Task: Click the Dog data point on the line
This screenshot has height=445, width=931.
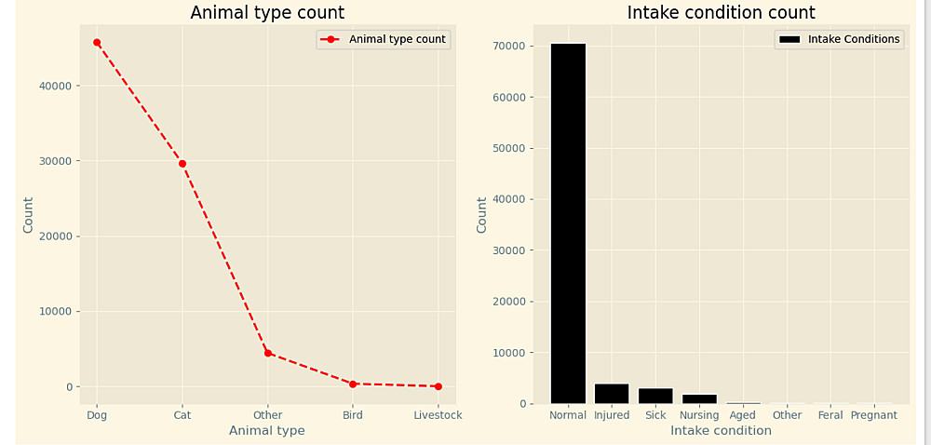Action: [x=97, y=43]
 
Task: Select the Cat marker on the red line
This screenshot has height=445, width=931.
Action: [x=182, y=164]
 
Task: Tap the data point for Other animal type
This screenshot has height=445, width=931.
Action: [x=268, y=353]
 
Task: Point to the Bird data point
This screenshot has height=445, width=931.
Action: [x=353, y=384]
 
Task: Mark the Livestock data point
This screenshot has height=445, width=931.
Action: [x=439, y=386]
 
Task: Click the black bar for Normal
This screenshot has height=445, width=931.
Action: [x=568, y=223]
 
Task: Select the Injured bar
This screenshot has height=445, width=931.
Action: [x=612, y=394]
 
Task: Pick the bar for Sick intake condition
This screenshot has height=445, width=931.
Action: [x=655, y=396]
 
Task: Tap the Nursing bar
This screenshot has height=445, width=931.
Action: [x=699, y=398]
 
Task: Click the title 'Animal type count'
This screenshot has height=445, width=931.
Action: [x=267, y=13]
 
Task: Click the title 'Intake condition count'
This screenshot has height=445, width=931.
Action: [x=721, y=13]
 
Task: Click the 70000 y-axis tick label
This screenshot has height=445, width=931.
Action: [x=515, y=46]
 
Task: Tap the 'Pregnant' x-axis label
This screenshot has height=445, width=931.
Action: [x=874, y=415]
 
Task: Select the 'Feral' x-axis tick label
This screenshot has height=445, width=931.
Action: [x=830, y=415]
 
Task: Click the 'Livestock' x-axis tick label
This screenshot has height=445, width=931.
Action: [x=438, y=415]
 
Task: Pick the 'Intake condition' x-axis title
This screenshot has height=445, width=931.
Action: [x=721, y=431]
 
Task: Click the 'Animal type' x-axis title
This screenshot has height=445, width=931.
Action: [x=267, y=431]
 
